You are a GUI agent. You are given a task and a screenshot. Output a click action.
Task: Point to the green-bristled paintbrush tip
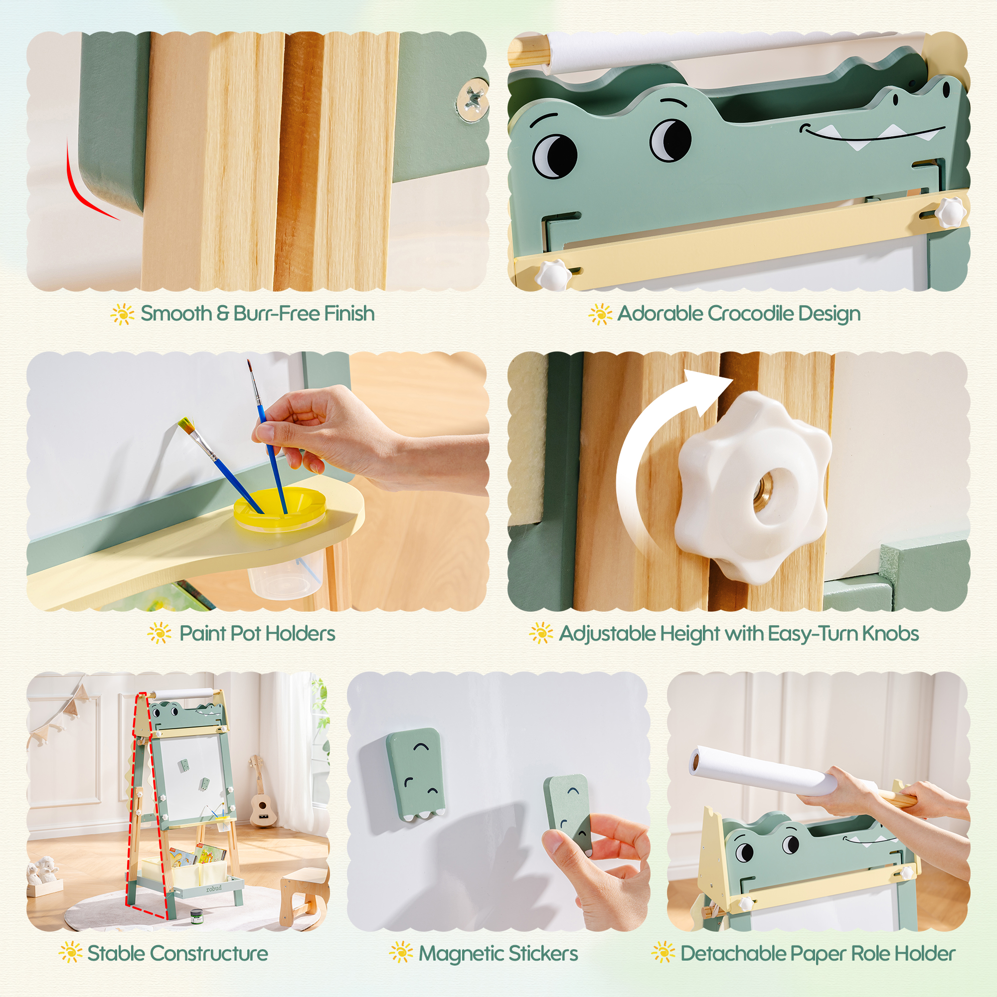(185, 424)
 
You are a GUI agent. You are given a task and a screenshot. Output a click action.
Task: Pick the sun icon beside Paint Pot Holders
(160, 633)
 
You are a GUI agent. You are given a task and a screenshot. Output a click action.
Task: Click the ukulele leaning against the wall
(260, 795)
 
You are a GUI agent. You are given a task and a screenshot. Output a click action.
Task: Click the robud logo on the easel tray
(214, 889)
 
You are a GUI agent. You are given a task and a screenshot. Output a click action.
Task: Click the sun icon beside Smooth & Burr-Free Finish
(122, 314)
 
